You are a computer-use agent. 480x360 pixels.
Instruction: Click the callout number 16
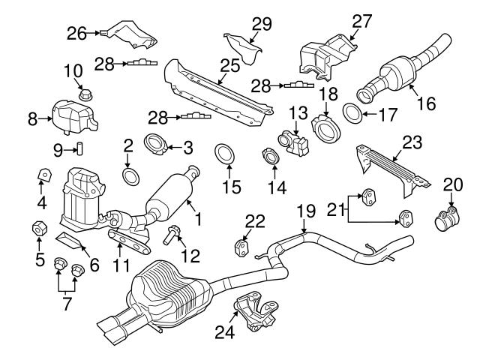tap(425, 106)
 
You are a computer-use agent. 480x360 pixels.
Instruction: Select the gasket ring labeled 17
tap(352, 114)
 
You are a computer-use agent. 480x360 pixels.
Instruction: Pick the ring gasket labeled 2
tap(129, 175)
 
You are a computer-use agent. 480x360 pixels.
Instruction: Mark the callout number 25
tap(230, 65)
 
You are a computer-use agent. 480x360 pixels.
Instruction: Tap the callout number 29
tap(261, 24)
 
